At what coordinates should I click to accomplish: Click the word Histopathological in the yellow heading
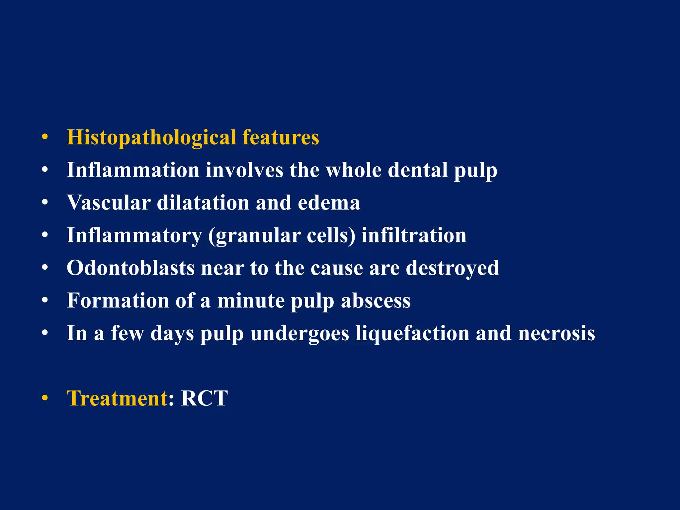pos(151,138)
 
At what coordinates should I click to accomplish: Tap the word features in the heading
pos(281,137)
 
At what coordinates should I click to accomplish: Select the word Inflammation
pos(133,170)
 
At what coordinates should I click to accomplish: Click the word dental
pos(417,170)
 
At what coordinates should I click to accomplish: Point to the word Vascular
pos(109,203)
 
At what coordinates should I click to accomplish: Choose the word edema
pos(329,203)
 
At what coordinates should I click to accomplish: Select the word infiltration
pos(414,235)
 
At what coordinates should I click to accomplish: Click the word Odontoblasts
pos(130,268)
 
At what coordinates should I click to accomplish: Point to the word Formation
pos(118,300)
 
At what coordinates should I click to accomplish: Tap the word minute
pos(250,300)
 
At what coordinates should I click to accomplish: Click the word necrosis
pos(556,333)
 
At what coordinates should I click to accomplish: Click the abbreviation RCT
pos(204,398)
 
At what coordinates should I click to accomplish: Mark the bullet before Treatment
pos(45,398)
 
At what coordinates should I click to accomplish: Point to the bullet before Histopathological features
pos(45,137)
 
